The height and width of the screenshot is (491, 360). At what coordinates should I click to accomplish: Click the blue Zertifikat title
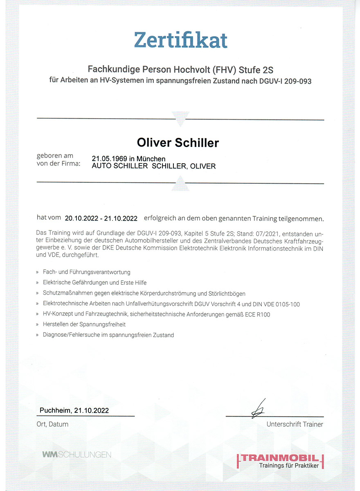click(180, 40)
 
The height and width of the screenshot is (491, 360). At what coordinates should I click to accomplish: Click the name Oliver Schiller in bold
click(178, 142)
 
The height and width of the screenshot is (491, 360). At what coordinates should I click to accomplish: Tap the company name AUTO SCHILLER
click(119, 166)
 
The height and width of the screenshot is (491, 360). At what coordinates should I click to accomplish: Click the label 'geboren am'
click(55, 156)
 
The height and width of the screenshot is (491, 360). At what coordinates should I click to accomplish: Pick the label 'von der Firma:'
click(59, 164)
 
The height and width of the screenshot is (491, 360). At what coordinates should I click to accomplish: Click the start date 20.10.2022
click(82, 218)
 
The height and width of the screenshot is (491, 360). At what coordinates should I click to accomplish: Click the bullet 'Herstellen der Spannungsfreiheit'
click(84, 324)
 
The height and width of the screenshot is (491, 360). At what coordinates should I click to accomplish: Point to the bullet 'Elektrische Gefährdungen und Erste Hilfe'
click(94, 282)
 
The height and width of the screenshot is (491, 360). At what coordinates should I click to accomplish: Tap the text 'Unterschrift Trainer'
click(295, 424)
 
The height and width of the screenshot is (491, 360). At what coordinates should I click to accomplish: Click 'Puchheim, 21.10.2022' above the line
click(74, 410)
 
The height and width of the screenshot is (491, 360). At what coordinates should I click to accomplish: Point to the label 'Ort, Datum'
click(52, 424)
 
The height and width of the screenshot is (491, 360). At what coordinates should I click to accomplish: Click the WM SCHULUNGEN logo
click(76, 454)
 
